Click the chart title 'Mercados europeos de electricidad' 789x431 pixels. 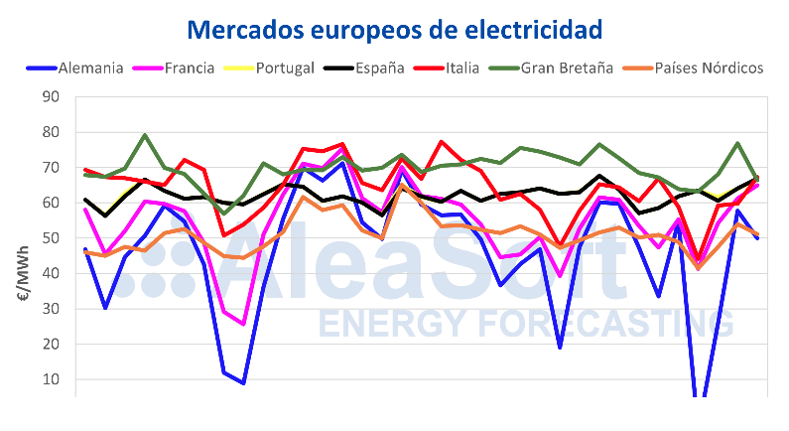tap(394, 29)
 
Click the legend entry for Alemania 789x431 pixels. tap(89, 69)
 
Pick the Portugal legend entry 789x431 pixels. tap(285, 69)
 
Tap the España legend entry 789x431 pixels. tap(378, 69)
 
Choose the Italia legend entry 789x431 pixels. tap(459, 69)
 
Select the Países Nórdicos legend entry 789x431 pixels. tap(702, 69)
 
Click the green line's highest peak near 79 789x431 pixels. tap(145, 135)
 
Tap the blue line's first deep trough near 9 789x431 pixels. tap(243, 383)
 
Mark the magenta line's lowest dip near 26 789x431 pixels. tap(243, 323)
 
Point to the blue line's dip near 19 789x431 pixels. tap(561, 348)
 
